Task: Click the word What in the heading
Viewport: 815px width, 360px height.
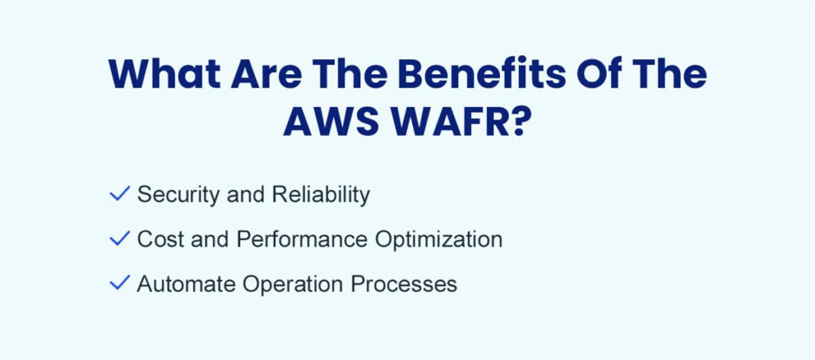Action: click(164, 74)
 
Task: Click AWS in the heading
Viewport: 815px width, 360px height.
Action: click(331, 121)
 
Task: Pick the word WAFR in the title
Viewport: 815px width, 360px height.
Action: click(450, 121)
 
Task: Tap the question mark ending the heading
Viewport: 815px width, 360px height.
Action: click(521, 121)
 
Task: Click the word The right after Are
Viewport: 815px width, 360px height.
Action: click(350, 74)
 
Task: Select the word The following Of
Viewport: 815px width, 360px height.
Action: click(670, 74)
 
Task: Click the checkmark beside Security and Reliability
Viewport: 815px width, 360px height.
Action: click(120, 194)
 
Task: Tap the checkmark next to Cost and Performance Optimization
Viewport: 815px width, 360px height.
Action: click(120, 238)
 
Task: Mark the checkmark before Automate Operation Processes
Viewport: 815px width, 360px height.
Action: click(120, 283)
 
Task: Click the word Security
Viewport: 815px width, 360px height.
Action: click(178, 195)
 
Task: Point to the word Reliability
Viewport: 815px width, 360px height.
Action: click(321, 195)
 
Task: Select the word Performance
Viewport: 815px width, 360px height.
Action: click(302, 240)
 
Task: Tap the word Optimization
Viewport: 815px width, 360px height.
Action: click(439, 240)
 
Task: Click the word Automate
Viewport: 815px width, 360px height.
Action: click(186, 284)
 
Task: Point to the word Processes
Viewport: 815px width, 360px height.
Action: click(404, 284)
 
